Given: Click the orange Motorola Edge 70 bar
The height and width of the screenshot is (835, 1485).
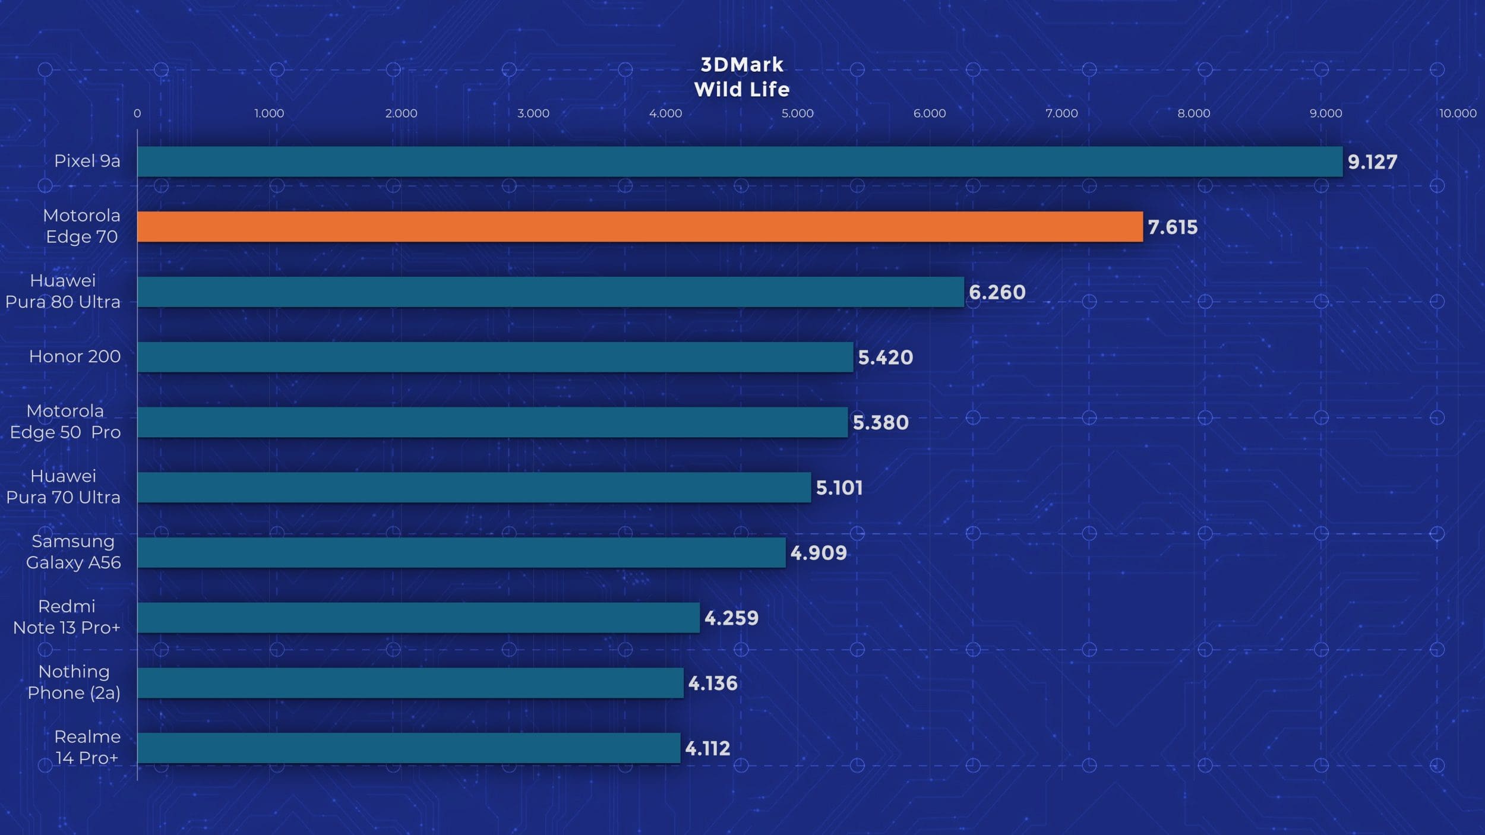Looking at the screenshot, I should [640, 227].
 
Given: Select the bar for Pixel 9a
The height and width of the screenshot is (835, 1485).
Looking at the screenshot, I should [740, 162].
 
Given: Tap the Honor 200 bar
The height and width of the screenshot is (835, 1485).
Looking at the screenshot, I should [495, 357].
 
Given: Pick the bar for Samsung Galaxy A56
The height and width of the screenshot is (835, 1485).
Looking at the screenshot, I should [461, 552].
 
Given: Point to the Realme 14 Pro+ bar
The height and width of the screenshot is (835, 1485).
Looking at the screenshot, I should [409, 748].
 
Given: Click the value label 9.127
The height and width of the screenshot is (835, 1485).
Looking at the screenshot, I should [1372, 162].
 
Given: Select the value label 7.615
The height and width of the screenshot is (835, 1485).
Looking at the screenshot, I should [1173, 227].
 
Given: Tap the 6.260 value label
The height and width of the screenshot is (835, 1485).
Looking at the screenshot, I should [997, 292].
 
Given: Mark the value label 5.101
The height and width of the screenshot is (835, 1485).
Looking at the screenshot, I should [839, 488].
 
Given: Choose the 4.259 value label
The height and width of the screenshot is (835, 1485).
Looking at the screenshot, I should [731, 618].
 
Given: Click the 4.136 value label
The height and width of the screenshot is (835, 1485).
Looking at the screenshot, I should [712, 684].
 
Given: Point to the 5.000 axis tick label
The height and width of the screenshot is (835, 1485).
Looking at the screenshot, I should [797, 113].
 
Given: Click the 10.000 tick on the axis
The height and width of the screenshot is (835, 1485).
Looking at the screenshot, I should [1457, 113].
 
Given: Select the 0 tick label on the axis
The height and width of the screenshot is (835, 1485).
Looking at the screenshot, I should [137, 113].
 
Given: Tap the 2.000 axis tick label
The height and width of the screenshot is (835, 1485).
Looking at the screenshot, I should [401, 113].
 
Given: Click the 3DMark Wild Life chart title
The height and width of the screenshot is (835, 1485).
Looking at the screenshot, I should [742, 77].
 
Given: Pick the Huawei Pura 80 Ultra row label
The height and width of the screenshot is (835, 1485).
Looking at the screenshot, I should [63, 291].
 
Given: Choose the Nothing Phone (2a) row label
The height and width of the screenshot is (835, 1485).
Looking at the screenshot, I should [74, 682].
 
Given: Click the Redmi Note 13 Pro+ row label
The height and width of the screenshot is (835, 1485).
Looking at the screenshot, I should [67, 616].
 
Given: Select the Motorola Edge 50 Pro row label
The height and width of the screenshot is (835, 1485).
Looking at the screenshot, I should [65, 421].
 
